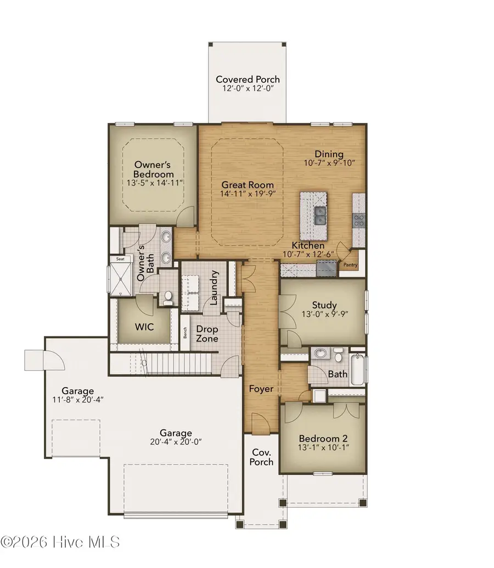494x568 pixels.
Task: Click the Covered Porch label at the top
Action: click(247, 79)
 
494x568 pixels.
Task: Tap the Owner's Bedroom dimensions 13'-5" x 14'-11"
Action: click(154, 182)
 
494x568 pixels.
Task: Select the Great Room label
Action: click(248, 185)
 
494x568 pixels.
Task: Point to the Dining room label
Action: click(329, 154)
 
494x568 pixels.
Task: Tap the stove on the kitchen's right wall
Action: click(358, 220)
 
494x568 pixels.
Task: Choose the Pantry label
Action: click(350, 265)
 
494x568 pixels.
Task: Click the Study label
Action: click(324, 305)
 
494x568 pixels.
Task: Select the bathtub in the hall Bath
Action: click(356, 367)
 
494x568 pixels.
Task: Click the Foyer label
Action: click(261, 389)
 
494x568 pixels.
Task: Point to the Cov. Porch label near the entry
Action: click(262, 456)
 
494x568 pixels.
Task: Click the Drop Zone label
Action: click(207, 334)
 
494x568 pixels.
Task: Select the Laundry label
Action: click(214, 288)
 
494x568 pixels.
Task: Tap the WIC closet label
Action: click(144, 327)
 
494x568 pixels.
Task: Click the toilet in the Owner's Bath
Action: click(167, 299)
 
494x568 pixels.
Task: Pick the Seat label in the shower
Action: click(120, 258)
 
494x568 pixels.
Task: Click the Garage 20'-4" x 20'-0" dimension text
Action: click(176, 442)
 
